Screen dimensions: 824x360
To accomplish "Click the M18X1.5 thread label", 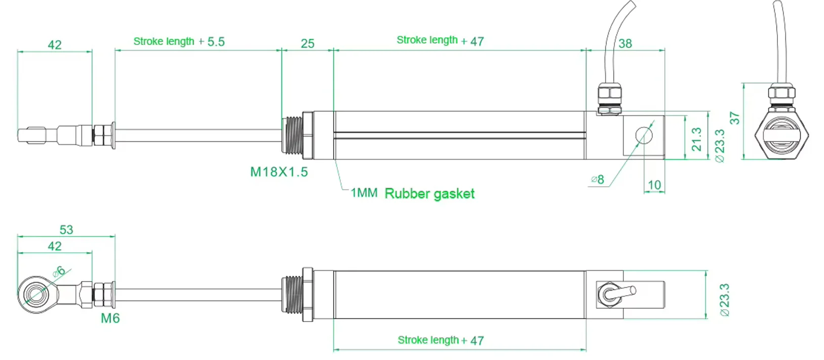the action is coord(279,172).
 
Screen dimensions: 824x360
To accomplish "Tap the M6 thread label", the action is coord(110,318).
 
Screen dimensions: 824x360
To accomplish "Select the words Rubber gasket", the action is coord(429,194).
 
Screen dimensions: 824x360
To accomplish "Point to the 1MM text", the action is coord(364,193).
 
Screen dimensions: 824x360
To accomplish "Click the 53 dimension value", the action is coord(66,230).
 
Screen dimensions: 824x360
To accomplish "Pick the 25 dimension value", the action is coord(307,44).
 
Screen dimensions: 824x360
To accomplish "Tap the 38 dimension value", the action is coord(625,44).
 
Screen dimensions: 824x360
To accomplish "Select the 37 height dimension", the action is coord(734,118).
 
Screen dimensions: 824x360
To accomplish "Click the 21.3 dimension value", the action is coord(696,139).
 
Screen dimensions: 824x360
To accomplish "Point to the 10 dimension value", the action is coord(654,185).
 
